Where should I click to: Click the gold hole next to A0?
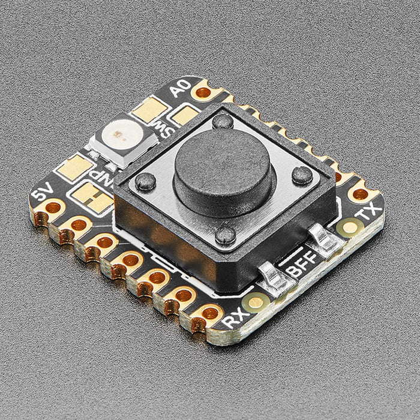pos(204,92)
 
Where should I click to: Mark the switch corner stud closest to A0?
pos(223,122)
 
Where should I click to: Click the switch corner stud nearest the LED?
pos(146,181)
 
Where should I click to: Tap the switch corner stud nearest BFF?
pos(226,235)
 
